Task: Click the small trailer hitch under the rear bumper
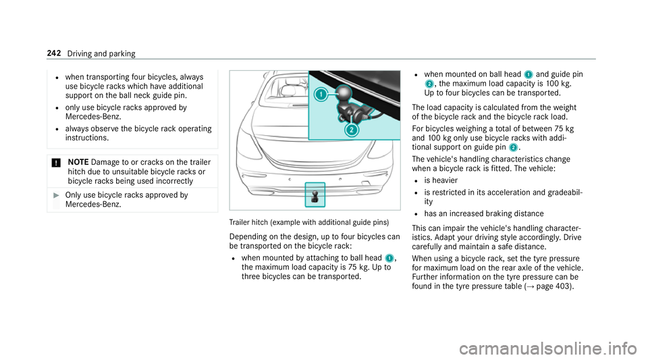[315, 195]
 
